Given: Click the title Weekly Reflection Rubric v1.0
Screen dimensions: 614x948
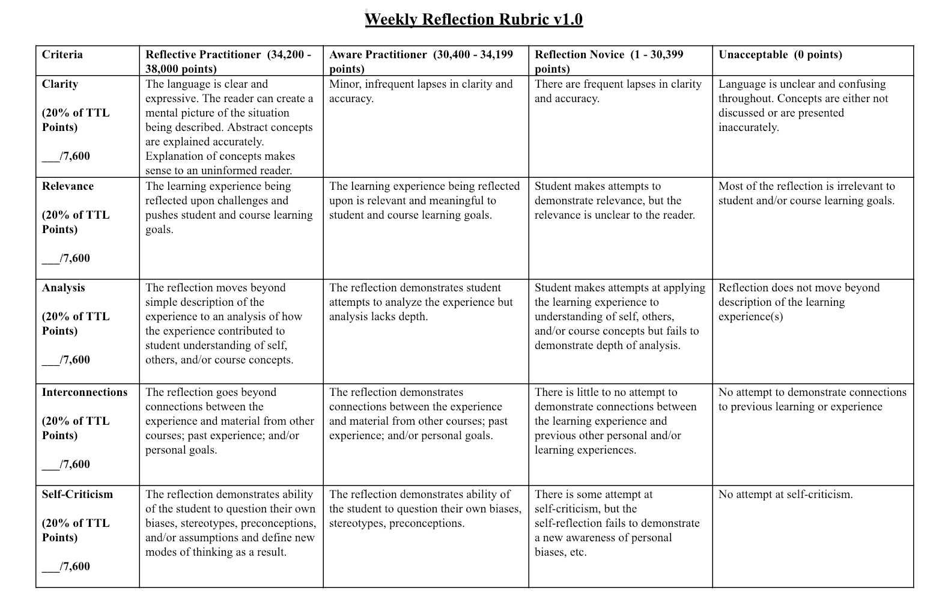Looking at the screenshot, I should (473, 19).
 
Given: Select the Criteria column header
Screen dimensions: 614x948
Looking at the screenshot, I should (62, 55).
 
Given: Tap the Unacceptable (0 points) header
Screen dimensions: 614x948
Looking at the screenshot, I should (780, 55).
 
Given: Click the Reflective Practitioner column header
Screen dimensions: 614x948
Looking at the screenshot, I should (228, 61).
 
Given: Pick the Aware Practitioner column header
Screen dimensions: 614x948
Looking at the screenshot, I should (421, 61).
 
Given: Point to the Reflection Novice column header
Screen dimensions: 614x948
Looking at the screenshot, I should (609, 61).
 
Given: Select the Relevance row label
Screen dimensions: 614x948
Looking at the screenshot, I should (67, 186).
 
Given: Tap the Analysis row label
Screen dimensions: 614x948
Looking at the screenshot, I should (64, 288).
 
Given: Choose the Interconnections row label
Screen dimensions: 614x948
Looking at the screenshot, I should (85, 392).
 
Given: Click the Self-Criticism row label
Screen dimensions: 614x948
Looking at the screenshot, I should (77, 494).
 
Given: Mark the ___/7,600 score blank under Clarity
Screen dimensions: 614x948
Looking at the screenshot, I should (66, 156).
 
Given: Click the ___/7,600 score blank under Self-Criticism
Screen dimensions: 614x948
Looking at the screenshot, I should (66, 567).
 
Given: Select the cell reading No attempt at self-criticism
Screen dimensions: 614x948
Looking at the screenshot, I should (785, 494).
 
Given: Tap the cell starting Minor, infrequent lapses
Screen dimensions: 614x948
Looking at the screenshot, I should (421, 91).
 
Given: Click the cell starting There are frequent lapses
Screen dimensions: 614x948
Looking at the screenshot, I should (618, 91).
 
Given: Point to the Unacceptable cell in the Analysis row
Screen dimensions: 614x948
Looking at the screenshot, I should (798, 302).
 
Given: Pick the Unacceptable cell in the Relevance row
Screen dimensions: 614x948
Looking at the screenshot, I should (806, 193).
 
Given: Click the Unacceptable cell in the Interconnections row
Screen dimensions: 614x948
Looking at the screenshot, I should (812, 400).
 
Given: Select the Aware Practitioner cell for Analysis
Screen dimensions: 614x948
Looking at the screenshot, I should (421, 302).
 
